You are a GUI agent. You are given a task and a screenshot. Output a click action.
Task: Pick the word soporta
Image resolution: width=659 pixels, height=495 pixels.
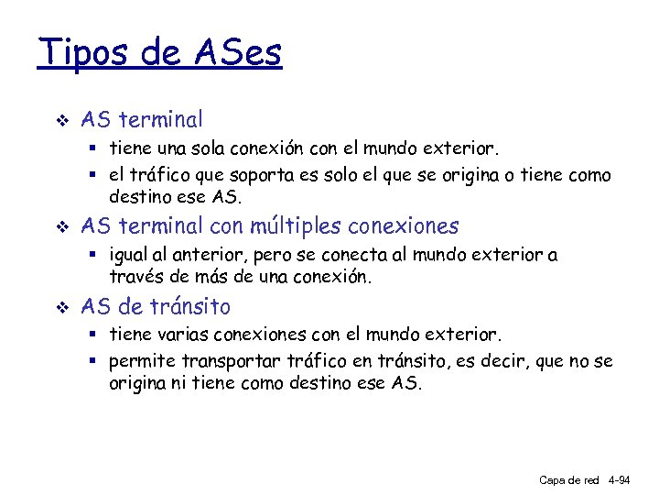(x=271, y=175)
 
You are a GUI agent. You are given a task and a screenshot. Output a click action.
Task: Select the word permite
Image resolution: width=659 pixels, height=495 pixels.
(x=142, y=361)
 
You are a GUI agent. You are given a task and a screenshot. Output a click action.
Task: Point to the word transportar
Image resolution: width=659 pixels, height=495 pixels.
(x=231, y=361)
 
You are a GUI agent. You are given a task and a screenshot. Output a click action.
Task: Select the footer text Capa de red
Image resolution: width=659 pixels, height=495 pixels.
(x=568, y=479)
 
